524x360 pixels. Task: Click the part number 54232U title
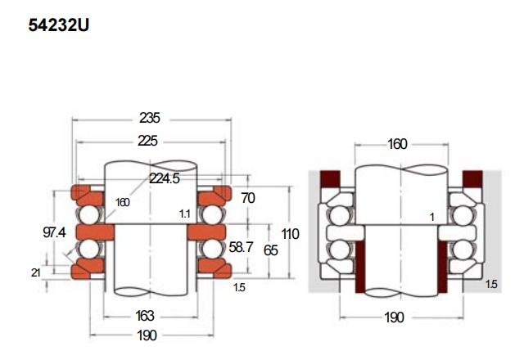(59, 25)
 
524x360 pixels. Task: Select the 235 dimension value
(150, 118)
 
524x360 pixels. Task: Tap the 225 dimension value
(147, 141)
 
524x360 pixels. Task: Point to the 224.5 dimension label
(165, 178)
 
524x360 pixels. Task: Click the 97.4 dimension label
(55, 232)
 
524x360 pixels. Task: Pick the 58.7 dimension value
(241, 247)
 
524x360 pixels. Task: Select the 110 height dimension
(290, 234)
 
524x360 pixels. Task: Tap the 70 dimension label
(248, 198)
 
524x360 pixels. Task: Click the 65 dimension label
(271, 250)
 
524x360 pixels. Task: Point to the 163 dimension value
(145, 316)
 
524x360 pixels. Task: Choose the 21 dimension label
(36, 272)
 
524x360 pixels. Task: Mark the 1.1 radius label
(185, 214)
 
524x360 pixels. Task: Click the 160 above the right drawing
(397, 144)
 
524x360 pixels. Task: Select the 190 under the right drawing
(395, 317)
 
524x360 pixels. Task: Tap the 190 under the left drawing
(147, 335)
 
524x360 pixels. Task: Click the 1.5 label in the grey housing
(491, 284)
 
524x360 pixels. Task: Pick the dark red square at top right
(472, 179)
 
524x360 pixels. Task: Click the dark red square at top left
(330, 179)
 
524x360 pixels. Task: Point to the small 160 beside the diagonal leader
(122, 202)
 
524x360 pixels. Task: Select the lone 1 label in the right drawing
(432, 218)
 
